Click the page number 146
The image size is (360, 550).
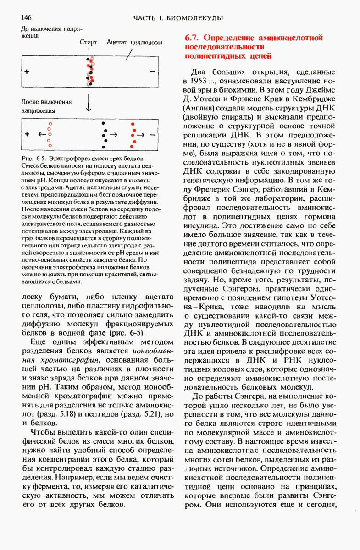coord(26,18)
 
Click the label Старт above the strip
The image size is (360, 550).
coord(89,42)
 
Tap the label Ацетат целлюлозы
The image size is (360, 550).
coord(134,42)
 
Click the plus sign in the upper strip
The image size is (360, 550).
coord(27,72)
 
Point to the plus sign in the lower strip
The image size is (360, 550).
coord(27,135)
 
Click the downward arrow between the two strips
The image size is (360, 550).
coord(89,104)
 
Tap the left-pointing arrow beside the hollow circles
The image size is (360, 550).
coord(42,134)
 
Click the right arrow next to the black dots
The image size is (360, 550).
coord(113,135)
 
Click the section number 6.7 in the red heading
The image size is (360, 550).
coord(191,38)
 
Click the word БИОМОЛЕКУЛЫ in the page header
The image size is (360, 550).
coord(200,18)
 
